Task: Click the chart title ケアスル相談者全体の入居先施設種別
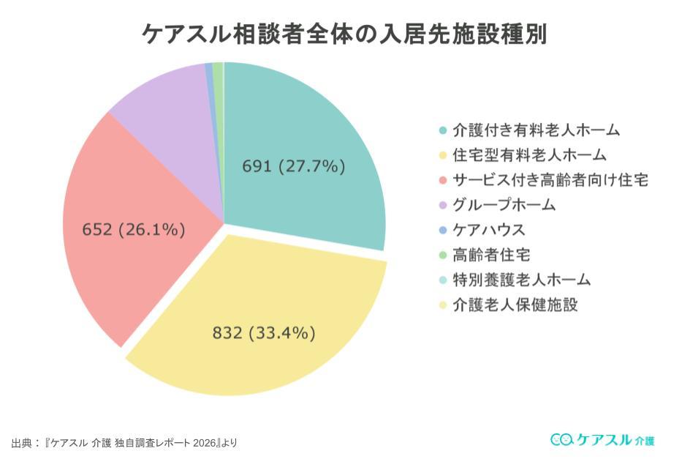coord(344,34)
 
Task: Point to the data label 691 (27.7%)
coord(293,166)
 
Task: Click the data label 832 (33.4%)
coord(264,333)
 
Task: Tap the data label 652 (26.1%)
coord(133,229)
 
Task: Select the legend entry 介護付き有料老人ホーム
coord(536,130)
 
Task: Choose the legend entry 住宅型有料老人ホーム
coord(528,155)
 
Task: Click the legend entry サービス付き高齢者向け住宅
coord(550,180)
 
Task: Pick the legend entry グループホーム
coord(504,205)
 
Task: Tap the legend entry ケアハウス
coord(489,230)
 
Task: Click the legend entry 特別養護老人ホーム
coord(521,280)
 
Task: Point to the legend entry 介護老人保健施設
coord(515,305)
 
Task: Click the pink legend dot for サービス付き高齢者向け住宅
coord(442,180)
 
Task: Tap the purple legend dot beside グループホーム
coord(442,205)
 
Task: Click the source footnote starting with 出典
coord(124,443)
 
